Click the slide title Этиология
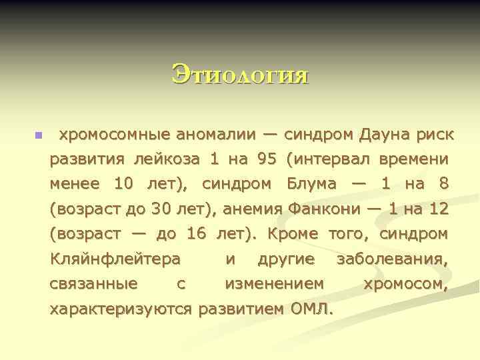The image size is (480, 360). [x=240, y=74]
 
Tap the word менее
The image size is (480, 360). [x=75, y=184]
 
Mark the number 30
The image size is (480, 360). [x=162, y=209]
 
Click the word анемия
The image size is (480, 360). [x=254, y=209]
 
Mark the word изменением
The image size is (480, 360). [x=275, y=284]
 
